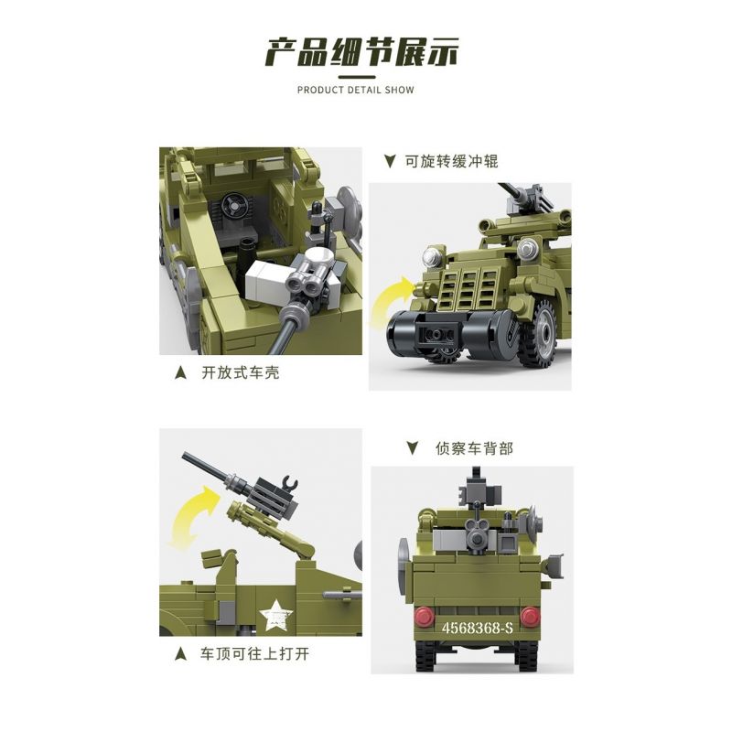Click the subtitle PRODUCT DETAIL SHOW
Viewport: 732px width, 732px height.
(356, 90)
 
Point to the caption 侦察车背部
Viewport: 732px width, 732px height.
(473, 447)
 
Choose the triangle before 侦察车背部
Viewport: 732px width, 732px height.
(412, 447)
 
